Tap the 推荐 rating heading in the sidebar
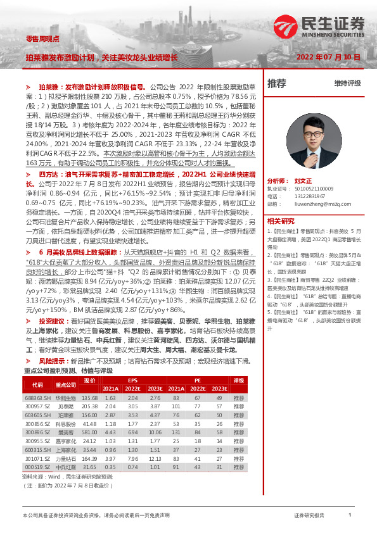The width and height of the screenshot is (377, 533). coord(277,83)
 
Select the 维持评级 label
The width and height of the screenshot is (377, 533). coord(347,83)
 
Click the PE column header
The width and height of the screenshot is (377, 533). coord(197,380)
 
